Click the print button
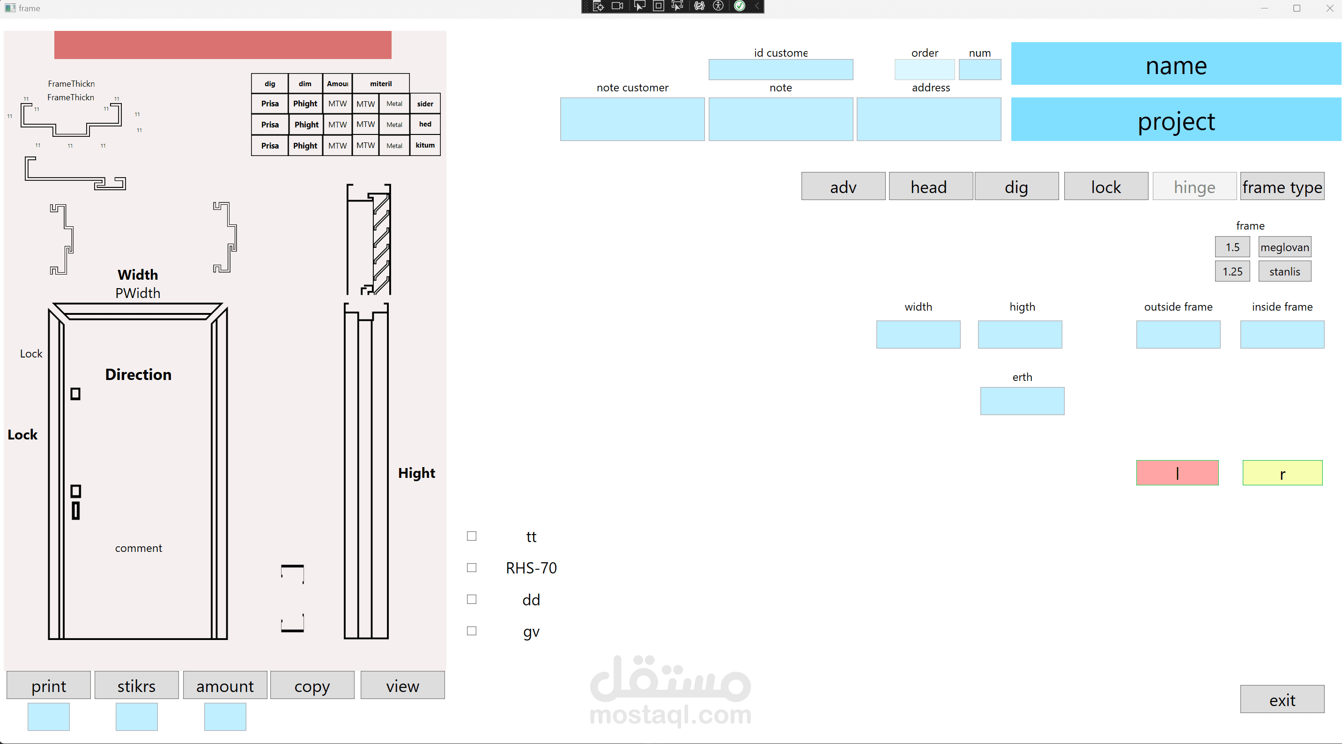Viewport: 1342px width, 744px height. coord(48,685)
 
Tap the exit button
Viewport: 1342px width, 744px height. coord(1282,699)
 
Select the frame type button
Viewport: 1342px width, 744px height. coord(1282,186)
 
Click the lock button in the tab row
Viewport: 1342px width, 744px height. coord(1106,186)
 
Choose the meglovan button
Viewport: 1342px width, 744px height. coord(1285,247)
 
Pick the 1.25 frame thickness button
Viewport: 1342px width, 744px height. coord(1232,271)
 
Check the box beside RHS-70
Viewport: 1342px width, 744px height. coord(472,568)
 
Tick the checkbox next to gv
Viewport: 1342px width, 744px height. coord(472,631)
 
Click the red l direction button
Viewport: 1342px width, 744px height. coord(1178,473)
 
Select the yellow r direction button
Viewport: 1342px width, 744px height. coord(1283,473)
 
